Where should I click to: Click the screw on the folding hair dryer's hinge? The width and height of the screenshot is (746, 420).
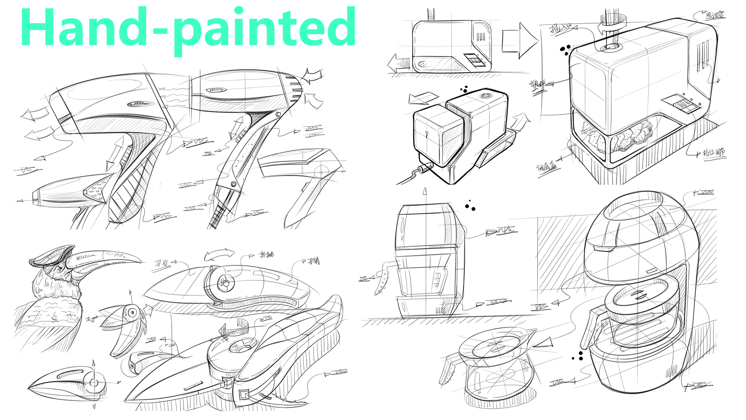(278, 114)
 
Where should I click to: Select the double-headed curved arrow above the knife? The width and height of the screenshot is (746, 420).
(220, 254)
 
